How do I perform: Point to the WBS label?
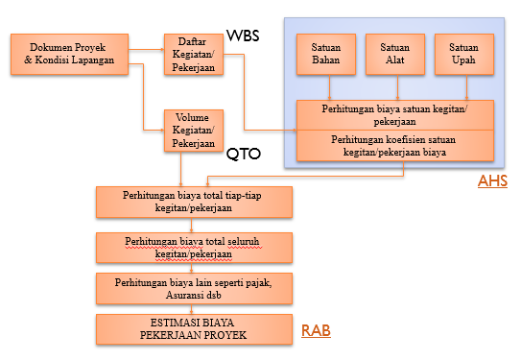pyautogui.click(x=243, y=36)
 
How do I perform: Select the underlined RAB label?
pyautogui.click(x=318, y=330)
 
